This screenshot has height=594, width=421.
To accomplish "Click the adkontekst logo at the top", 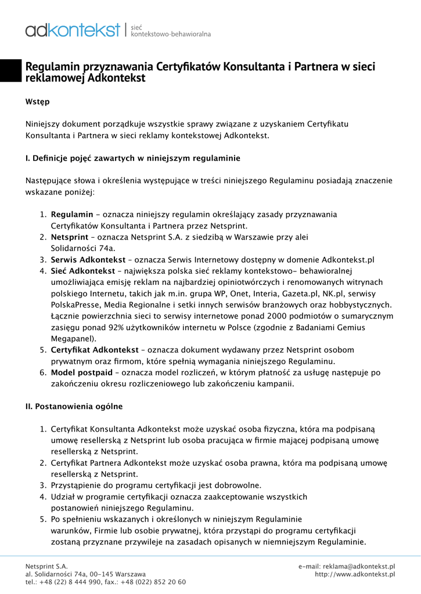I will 73,30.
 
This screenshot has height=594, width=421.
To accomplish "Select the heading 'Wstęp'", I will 37,102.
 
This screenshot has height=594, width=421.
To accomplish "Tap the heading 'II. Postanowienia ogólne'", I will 74,407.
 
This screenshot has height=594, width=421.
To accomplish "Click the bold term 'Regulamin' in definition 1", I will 72,215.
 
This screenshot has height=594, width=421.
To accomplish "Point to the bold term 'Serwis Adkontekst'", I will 88,259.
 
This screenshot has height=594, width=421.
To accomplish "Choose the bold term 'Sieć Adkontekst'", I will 82,271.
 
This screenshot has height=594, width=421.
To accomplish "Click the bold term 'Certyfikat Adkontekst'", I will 95,350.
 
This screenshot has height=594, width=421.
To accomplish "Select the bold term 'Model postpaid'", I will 81,372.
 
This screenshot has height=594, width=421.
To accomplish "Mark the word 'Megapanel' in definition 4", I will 72,338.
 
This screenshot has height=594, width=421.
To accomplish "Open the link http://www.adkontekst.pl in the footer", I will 355,574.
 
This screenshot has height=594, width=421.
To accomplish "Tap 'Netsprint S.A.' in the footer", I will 46,566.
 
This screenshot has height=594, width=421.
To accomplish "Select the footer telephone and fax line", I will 106,582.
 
